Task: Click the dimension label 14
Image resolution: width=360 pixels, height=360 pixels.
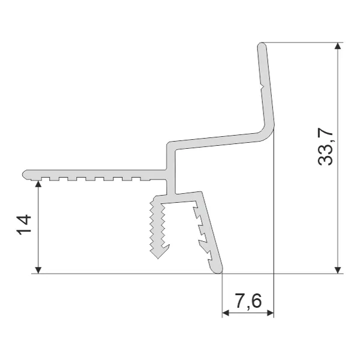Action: (x=24, y=224)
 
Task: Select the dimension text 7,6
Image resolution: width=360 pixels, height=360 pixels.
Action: (x=248, y=301)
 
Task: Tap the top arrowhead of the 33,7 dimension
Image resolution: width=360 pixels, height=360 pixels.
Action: (x=337, y=46)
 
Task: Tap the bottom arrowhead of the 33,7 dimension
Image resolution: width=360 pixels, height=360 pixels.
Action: (x=337, y=270)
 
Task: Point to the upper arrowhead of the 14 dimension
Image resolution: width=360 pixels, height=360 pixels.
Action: (x=38, y=184)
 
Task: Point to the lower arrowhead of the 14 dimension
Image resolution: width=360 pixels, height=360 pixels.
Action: (x=38, y=270)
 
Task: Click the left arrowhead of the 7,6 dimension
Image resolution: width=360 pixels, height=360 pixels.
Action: (x=226, y=313)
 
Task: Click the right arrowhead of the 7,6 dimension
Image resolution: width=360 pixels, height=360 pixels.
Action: (x=271, y=313)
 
